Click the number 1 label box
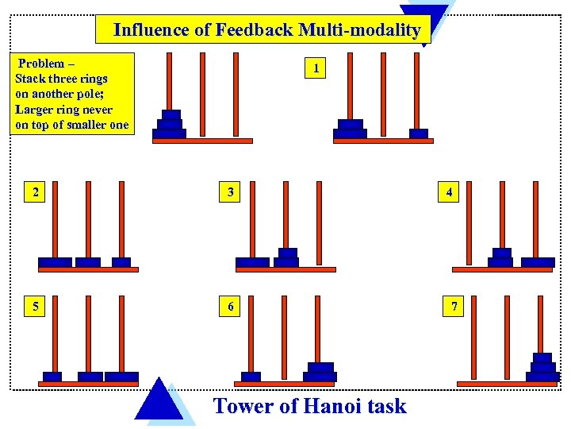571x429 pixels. point(316,69)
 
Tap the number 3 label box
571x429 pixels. point(230,192)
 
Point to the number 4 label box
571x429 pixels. point(450,192)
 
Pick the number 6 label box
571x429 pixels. point(230,307)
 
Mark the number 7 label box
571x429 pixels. point(454,307)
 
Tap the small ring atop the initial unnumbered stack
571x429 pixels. point(171,114)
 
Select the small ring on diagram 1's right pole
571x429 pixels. point(418,133)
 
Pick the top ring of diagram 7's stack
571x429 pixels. point(542,357)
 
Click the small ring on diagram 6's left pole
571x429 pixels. point(251,377)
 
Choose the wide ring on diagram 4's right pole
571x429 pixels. point(538,262)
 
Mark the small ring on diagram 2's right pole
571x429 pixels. point(121,262)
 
